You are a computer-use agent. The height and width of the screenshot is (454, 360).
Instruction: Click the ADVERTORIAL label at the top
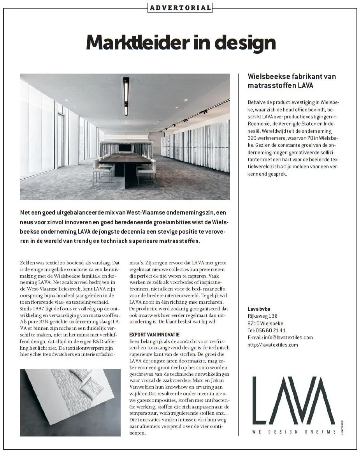click(180, 7)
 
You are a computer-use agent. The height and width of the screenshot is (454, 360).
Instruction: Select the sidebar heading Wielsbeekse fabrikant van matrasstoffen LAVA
click(292, 81)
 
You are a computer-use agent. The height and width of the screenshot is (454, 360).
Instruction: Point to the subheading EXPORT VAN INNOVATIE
click(154, 334)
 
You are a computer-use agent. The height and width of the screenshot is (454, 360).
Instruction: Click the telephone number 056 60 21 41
click(274, 330)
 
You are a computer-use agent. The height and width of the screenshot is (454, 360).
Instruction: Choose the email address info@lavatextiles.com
click(288, 337)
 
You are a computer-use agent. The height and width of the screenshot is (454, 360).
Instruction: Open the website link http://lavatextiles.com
click(272, 345)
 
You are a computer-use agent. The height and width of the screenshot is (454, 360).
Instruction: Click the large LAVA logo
click(293, 401)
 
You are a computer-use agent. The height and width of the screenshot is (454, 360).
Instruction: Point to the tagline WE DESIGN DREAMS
click(294, 432)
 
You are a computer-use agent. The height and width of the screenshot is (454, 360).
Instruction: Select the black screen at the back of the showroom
click(125, 148)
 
